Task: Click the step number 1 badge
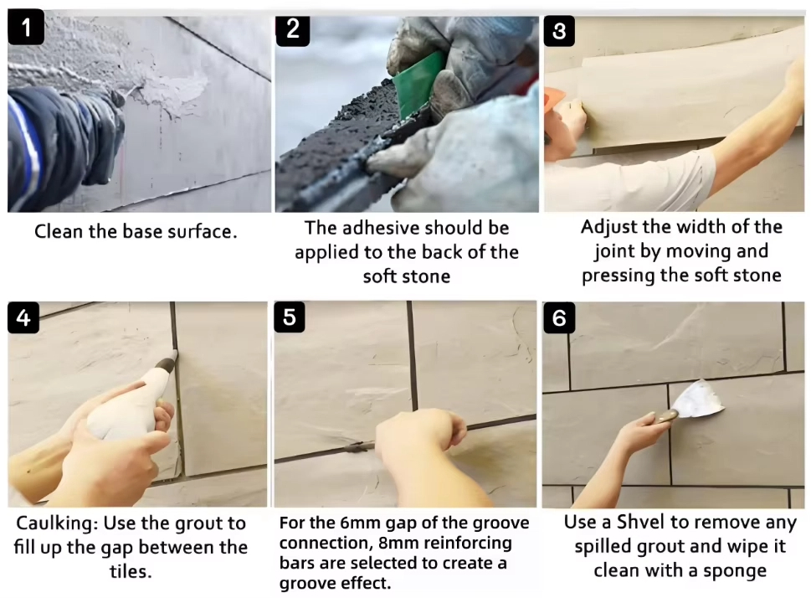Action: (26, 27)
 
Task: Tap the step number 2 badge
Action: (293, 29)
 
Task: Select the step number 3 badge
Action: (559, 31)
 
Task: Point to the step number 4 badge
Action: (23, 317)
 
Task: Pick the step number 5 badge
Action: (290, 317)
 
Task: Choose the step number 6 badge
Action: (559, 317)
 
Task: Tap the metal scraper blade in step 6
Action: (697, 399)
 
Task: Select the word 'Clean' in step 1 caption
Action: (59, 231)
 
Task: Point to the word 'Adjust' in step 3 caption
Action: (609, 228)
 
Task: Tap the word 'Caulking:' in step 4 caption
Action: (57, 523)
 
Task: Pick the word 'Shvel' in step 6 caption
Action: (641, 522)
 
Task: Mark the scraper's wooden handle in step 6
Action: (666, 415)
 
